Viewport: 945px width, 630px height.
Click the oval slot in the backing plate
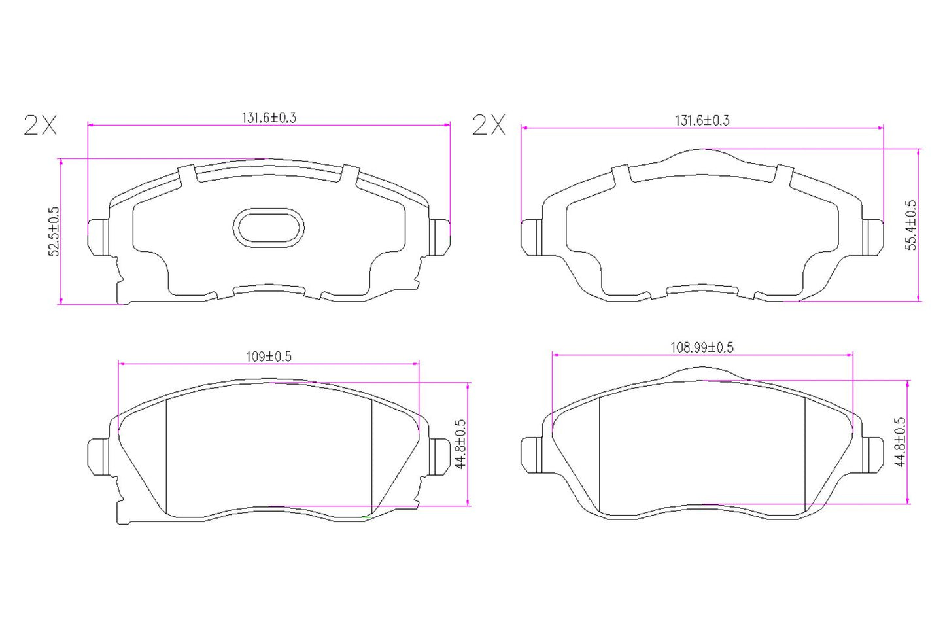pos(268,228)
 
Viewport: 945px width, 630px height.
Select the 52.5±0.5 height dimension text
pos(54,232)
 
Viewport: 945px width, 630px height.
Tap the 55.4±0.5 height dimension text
pos(911,224)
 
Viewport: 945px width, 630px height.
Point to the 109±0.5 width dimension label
pos(269,357)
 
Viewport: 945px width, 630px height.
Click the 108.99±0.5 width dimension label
pos(702,347)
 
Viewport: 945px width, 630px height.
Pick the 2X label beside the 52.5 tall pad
pos(40,125)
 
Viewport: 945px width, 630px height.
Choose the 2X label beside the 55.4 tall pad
pos(489,124)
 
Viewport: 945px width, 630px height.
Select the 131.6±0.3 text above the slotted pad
pos(269,118)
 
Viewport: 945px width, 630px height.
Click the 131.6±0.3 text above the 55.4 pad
pos(702,120)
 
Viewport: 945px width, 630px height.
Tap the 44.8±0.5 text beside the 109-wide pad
pos(460,444)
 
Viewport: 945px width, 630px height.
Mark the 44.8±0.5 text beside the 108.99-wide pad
pos(901,442)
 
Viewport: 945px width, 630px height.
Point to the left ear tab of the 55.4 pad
pos(531,237)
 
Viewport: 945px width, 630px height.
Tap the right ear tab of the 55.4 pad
pos(873,236)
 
